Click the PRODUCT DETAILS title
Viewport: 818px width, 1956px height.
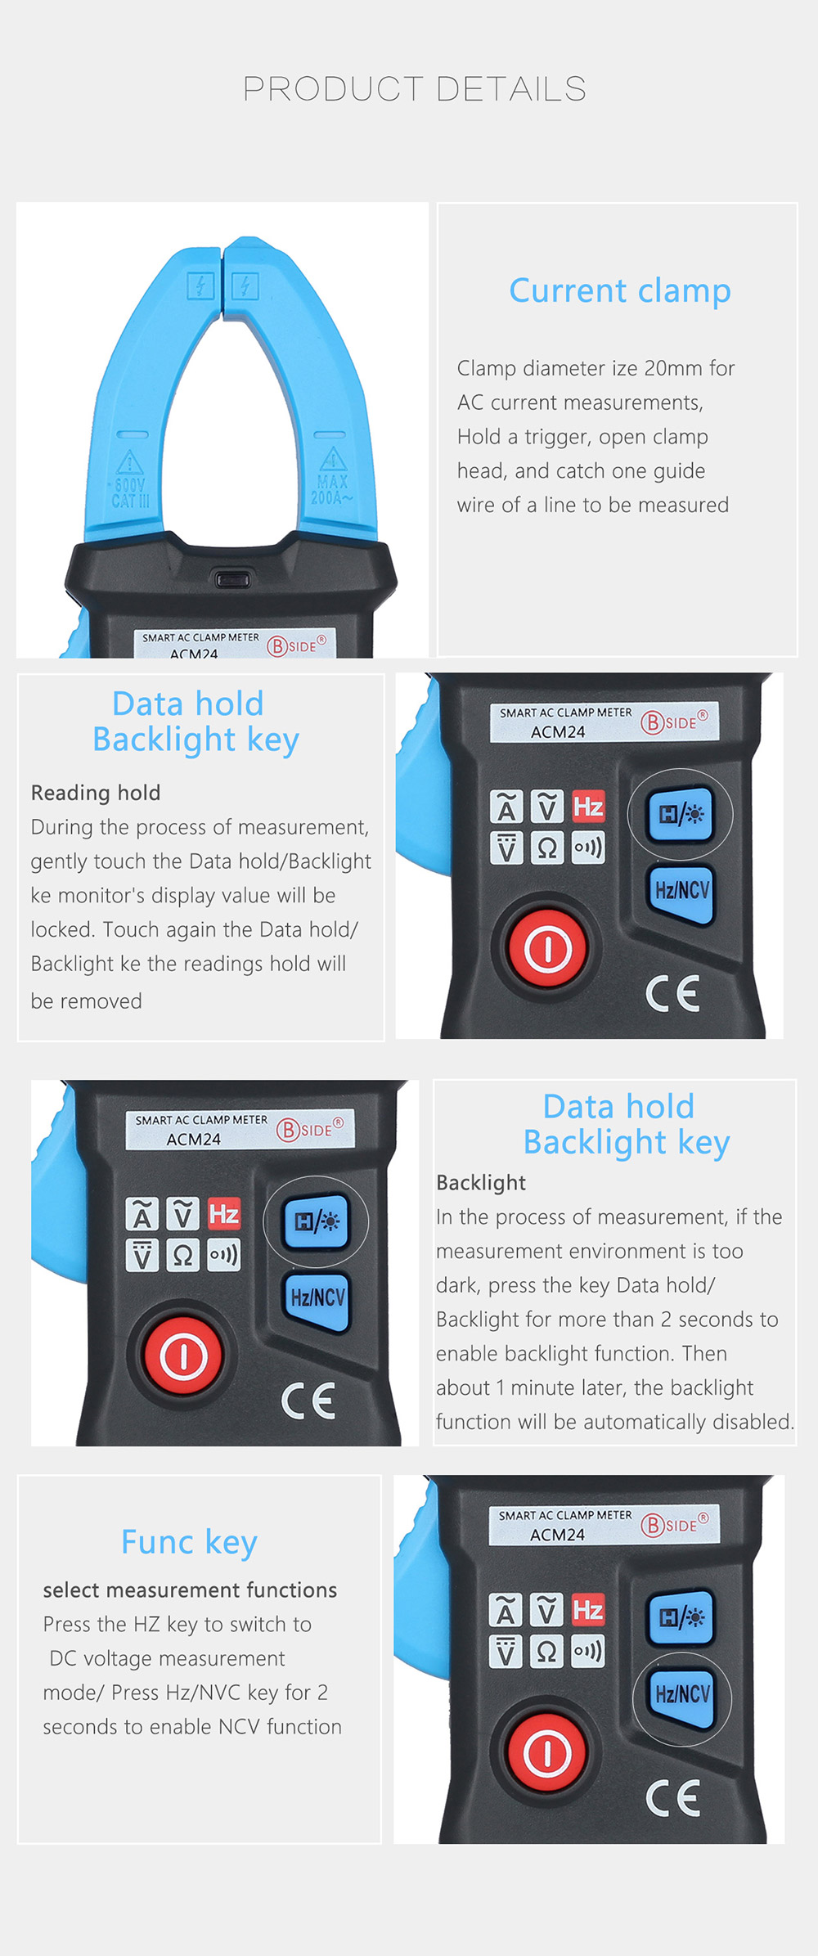(415, 88)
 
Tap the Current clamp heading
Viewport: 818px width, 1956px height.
(619, 290)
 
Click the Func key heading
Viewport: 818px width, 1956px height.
(189, 1542)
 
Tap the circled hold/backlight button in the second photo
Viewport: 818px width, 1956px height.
(681, 814)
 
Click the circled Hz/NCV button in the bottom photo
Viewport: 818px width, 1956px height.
(682, 1693)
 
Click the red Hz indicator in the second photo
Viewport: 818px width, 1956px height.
(588, 807)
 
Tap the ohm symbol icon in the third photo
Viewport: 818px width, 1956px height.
(183, 1255)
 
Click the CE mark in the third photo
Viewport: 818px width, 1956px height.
(308, 1401)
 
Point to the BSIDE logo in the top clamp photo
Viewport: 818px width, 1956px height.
(296, 645)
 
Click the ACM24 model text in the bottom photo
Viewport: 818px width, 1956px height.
(557, 1535)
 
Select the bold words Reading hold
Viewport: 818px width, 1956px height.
(96, 793)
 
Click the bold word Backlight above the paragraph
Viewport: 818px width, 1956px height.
(481, 1182)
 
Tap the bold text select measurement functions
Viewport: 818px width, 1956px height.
(190, 1590)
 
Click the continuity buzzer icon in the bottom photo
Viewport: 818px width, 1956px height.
(588, 1651)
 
